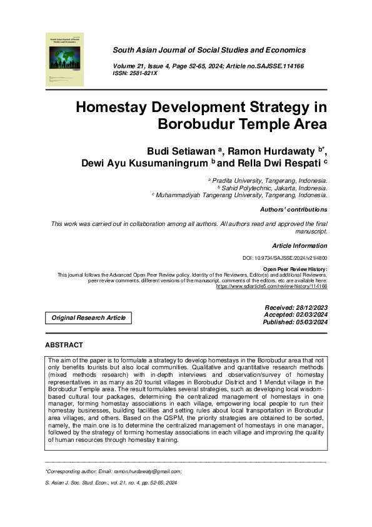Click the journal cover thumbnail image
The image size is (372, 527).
[64, 59]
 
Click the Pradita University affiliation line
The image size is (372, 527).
[268, 179]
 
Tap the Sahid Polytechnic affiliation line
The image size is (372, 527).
[271, 187]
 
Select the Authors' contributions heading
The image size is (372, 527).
[293, 209]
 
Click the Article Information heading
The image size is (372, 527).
[299, 245]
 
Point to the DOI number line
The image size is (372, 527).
[284, 258]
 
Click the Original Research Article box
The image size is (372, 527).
[88, 318]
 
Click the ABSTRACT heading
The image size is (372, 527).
[64, 345]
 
